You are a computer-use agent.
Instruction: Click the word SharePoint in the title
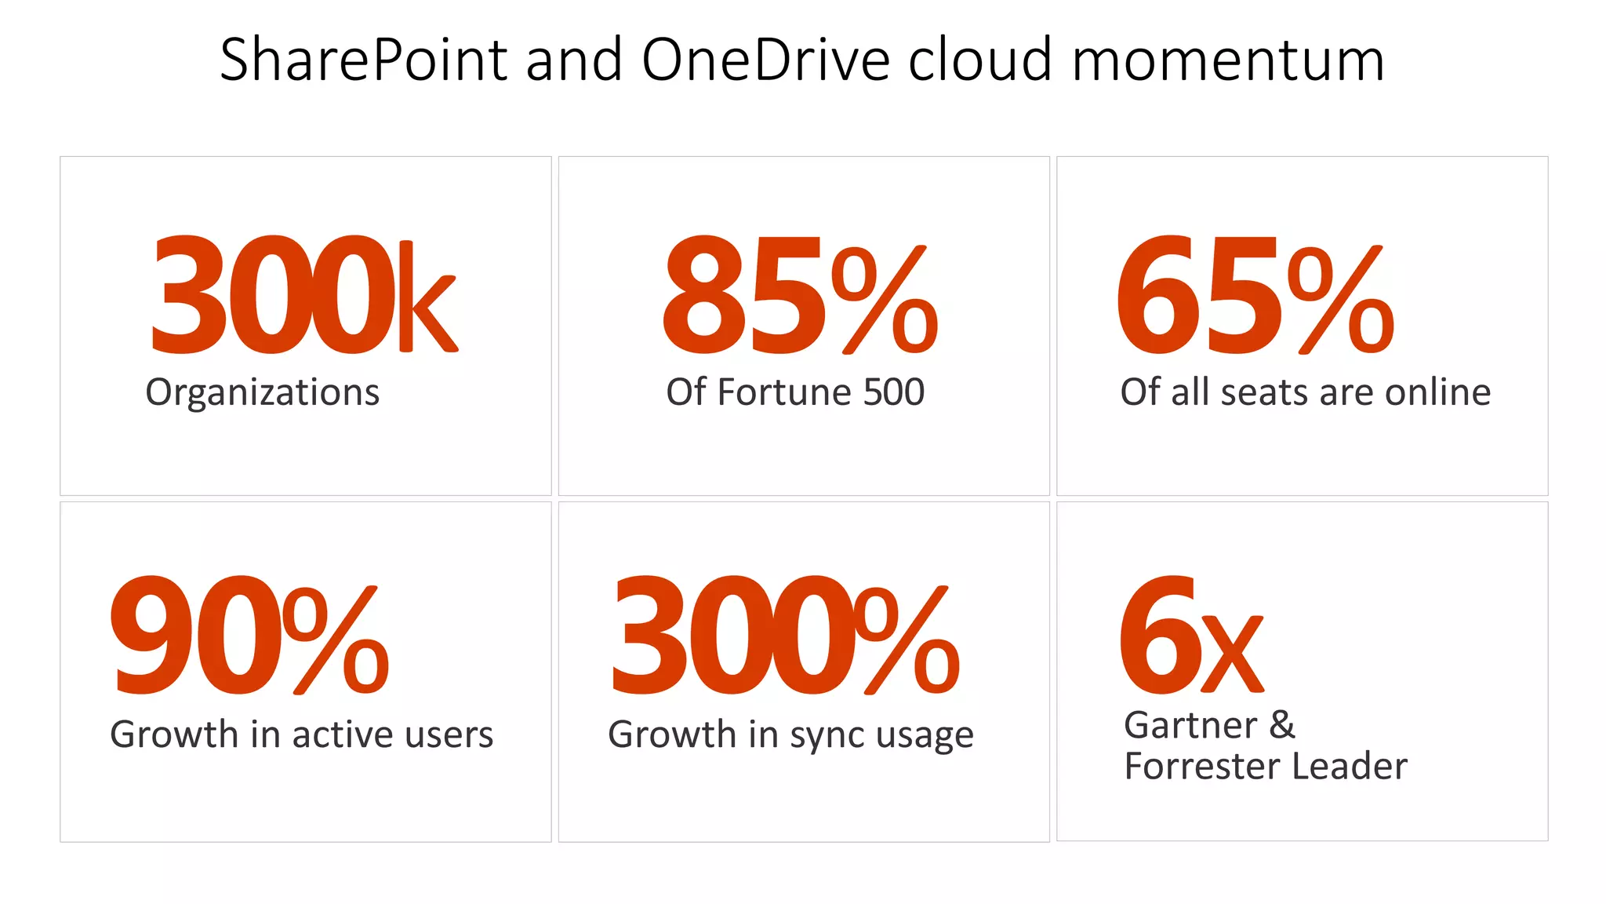364,60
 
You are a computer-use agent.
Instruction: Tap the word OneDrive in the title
766,60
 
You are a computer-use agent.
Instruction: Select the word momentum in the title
1228,60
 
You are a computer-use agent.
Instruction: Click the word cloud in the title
979,60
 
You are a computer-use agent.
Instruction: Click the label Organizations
262,392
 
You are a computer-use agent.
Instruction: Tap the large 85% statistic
800,296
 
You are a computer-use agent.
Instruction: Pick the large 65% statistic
1255,296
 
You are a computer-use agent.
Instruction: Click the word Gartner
1190,725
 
